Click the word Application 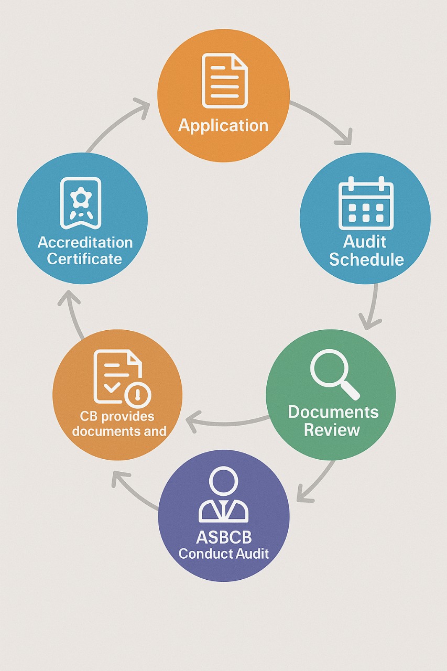tap(223, 125)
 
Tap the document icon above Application tap(225, 81)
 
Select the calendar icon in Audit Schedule tap(366, 203)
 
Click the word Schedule tap(366, 259)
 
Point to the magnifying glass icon tap(335, 374)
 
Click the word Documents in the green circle tap(333, 412)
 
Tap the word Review tap(332, 430)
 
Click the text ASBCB tap(224, 537)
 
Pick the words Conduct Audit tap(224, 554)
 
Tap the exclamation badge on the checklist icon tap(138, 394)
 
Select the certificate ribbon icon tap(81, 203)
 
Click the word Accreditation tap(85, 242)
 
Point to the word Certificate tap(84, 259)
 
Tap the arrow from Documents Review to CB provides tap(227, 422)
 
